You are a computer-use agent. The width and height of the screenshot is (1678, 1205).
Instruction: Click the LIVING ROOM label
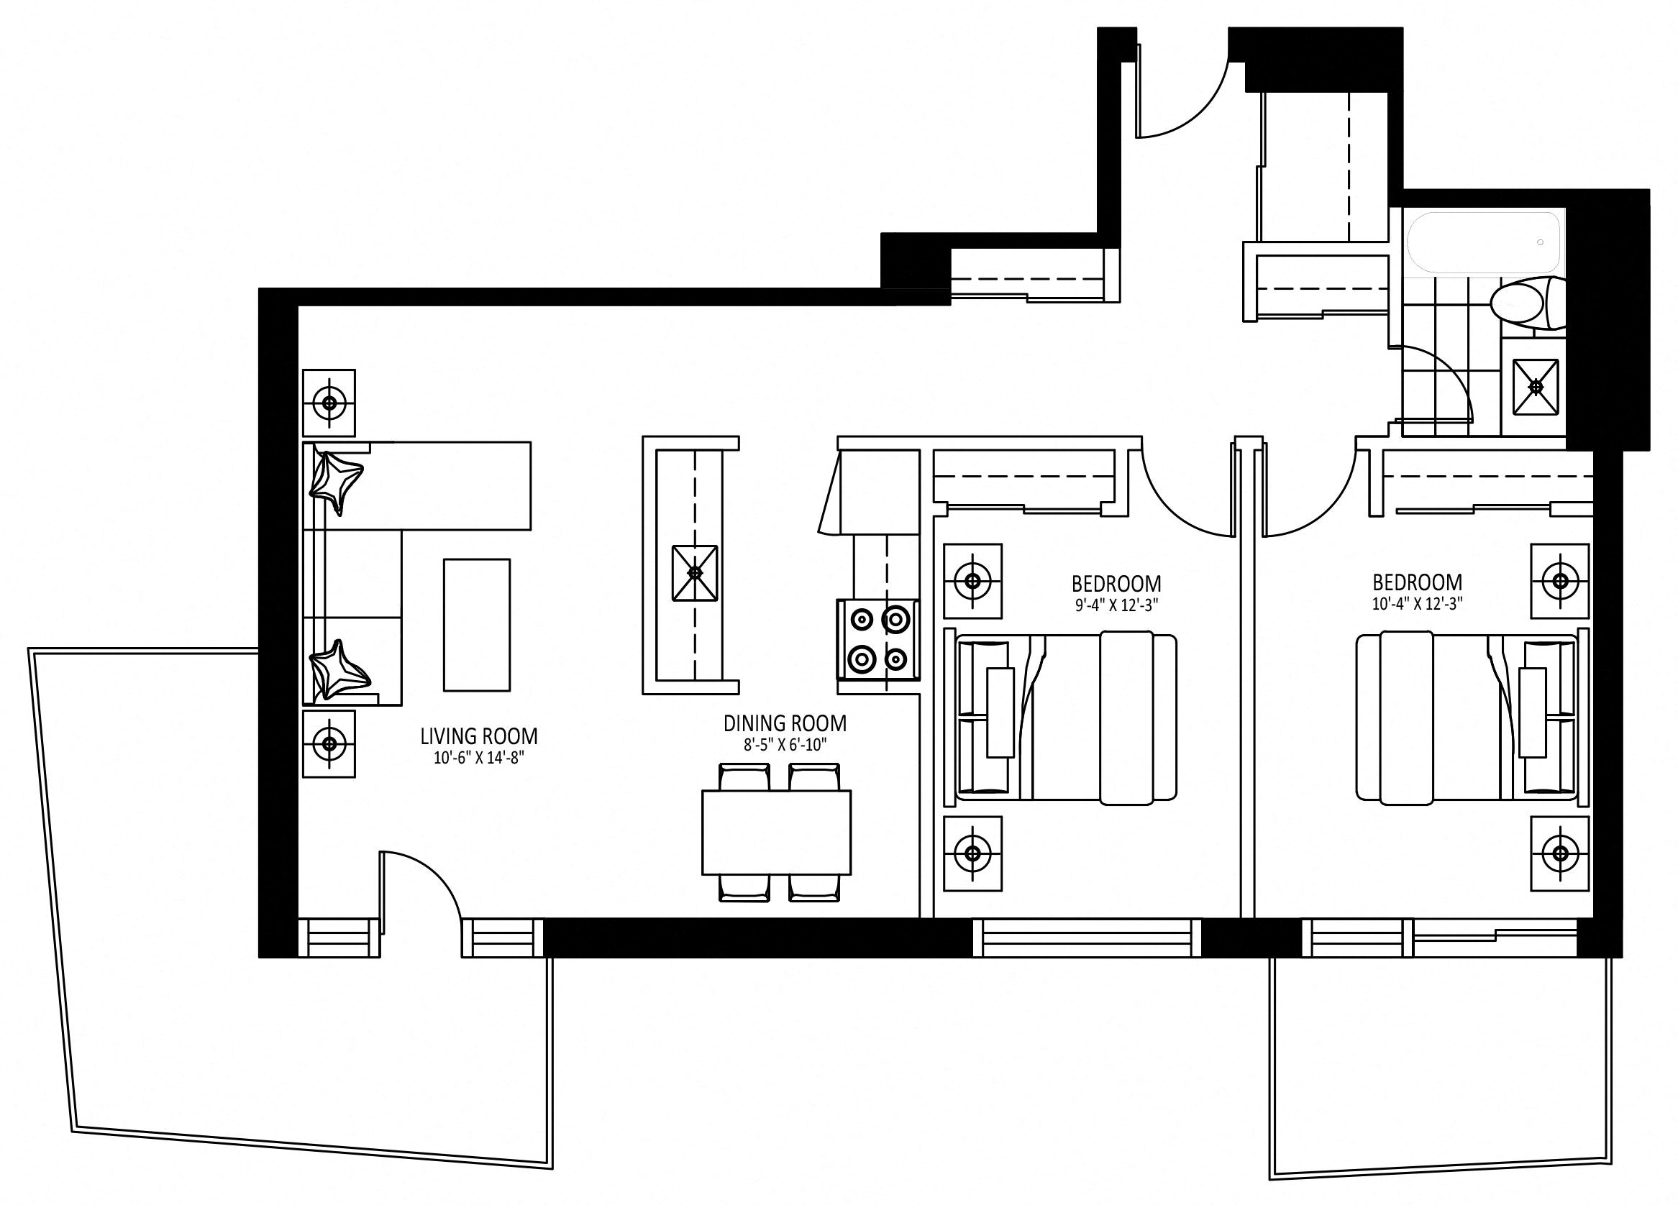479,736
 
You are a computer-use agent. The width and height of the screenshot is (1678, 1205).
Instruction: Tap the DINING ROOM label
785,723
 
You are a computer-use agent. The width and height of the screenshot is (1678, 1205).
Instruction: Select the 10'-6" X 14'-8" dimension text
479,759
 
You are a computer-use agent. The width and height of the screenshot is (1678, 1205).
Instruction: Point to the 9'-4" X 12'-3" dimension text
1116,605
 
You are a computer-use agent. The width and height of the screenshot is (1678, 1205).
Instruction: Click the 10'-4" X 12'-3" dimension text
1417,604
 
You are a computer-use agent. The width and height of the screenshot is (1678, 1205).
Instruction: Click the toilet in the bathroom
1527,303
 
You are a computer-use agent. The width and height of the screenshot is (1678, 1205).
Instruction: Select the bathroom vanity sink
1535,387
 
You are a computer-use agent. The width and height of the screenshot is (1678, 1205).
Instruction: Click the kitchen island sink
695,572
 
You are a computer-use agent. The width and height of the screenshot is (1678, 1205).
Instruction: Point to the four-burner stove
878,640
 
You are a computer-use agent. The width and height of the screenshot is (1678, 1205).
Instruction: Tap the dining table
776,832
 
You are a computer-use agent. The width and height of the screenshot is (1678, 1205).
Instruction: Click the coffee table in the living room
476,625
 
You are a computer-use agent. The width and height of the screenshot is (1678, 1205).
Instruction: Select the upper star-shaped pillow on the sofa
337,482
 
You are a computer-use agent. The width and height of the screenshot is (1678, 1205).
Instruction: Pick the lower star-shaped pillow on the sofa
339,670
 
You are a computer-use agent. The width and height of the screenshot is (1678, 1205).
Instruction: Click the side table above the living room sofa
329,403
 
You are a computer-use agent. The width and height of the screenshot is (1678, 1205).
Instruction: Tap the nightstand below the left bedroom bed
973,853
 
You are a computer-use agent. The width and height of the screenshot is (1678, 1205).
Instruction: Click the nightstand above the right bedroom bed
1560,581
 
